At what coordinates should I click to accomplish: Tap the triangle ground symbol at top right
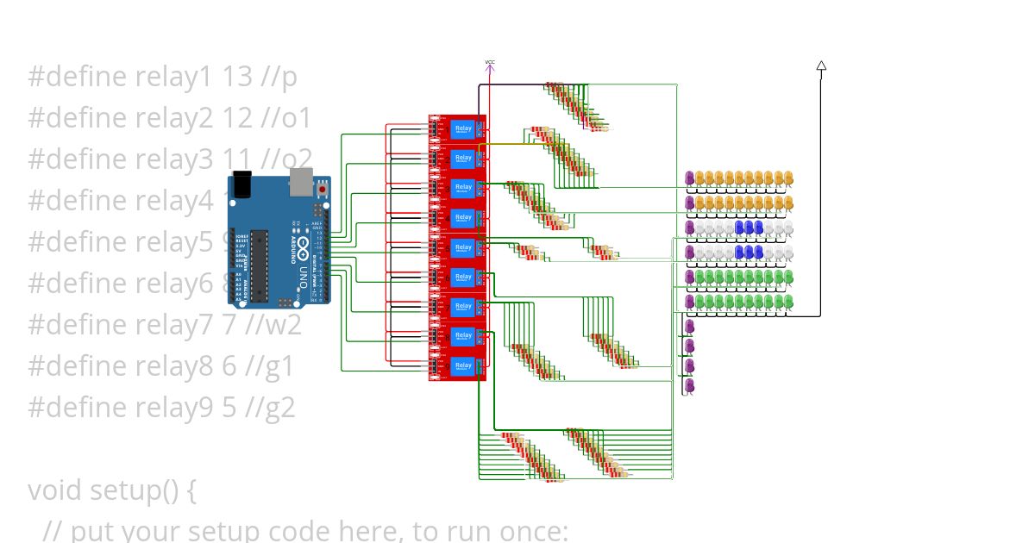tap(821, 66)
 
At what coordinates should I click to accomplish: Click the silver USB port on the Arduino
tap(301, 182)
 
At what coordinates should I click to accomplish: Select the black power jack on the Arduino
tap(241, 187)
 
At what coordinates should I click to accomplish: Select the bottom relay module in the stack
tap(458, 366)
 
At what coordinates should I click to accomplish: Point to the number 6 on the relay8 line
tap(229, 366)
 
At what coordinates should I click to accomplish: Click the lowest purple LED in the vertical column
tap(689, 384)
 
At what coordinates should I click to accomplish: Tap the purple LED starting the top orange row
tap(690, 178)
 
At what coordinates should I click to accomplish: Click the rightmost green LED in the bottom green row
tap(788, 301)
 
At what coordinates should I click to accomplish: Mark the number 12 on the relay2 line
tap(238, 118)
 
